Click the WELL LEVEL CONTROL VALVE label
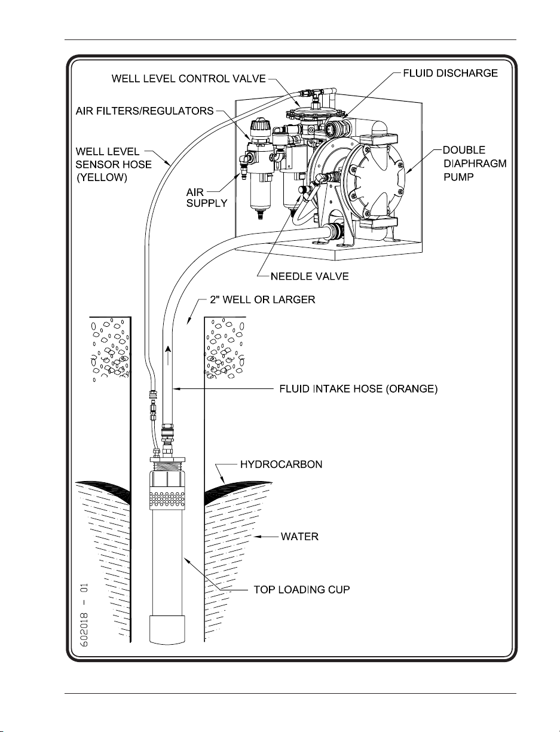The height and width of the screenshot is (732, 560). (188, 79)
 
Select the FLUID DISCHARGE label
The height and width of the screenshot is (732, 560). (450, 73)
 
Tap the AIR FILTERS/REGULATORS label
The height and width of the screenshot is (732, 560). (145, 111)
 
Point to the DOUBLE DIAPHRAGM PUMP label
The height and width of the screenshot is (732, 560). (475, 163)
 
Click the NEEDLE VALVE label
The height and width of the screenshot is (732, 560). (310, 276)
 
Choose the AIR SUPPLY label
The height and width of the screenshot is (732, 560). (206, 198)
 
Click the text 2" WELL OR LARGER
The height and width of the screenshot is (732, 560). (262, 299)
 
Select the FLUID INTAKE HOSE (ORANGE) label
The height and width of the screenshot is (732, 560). (358, 389)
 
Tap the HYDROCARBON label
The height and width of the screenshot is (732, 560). (281, 464)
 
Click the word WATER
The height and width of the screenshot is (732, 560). (299, 537)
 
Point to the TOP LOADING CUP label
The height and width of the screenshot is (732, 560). (301, 590)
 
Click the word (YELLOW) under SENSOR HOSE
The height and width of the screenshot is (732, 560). (102, 177)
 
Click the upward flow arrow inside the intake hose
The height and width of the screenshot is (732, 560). (168, 355)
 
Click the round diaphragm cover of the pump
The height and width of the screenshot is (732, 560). (377, 179)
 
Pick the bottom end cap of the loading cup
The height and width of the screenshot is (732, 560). (167, 630)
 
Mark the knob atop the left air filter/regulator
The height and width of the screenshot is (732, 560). (261, 127)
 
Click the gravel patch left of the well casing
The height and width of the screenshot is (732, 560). (110, 349)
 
